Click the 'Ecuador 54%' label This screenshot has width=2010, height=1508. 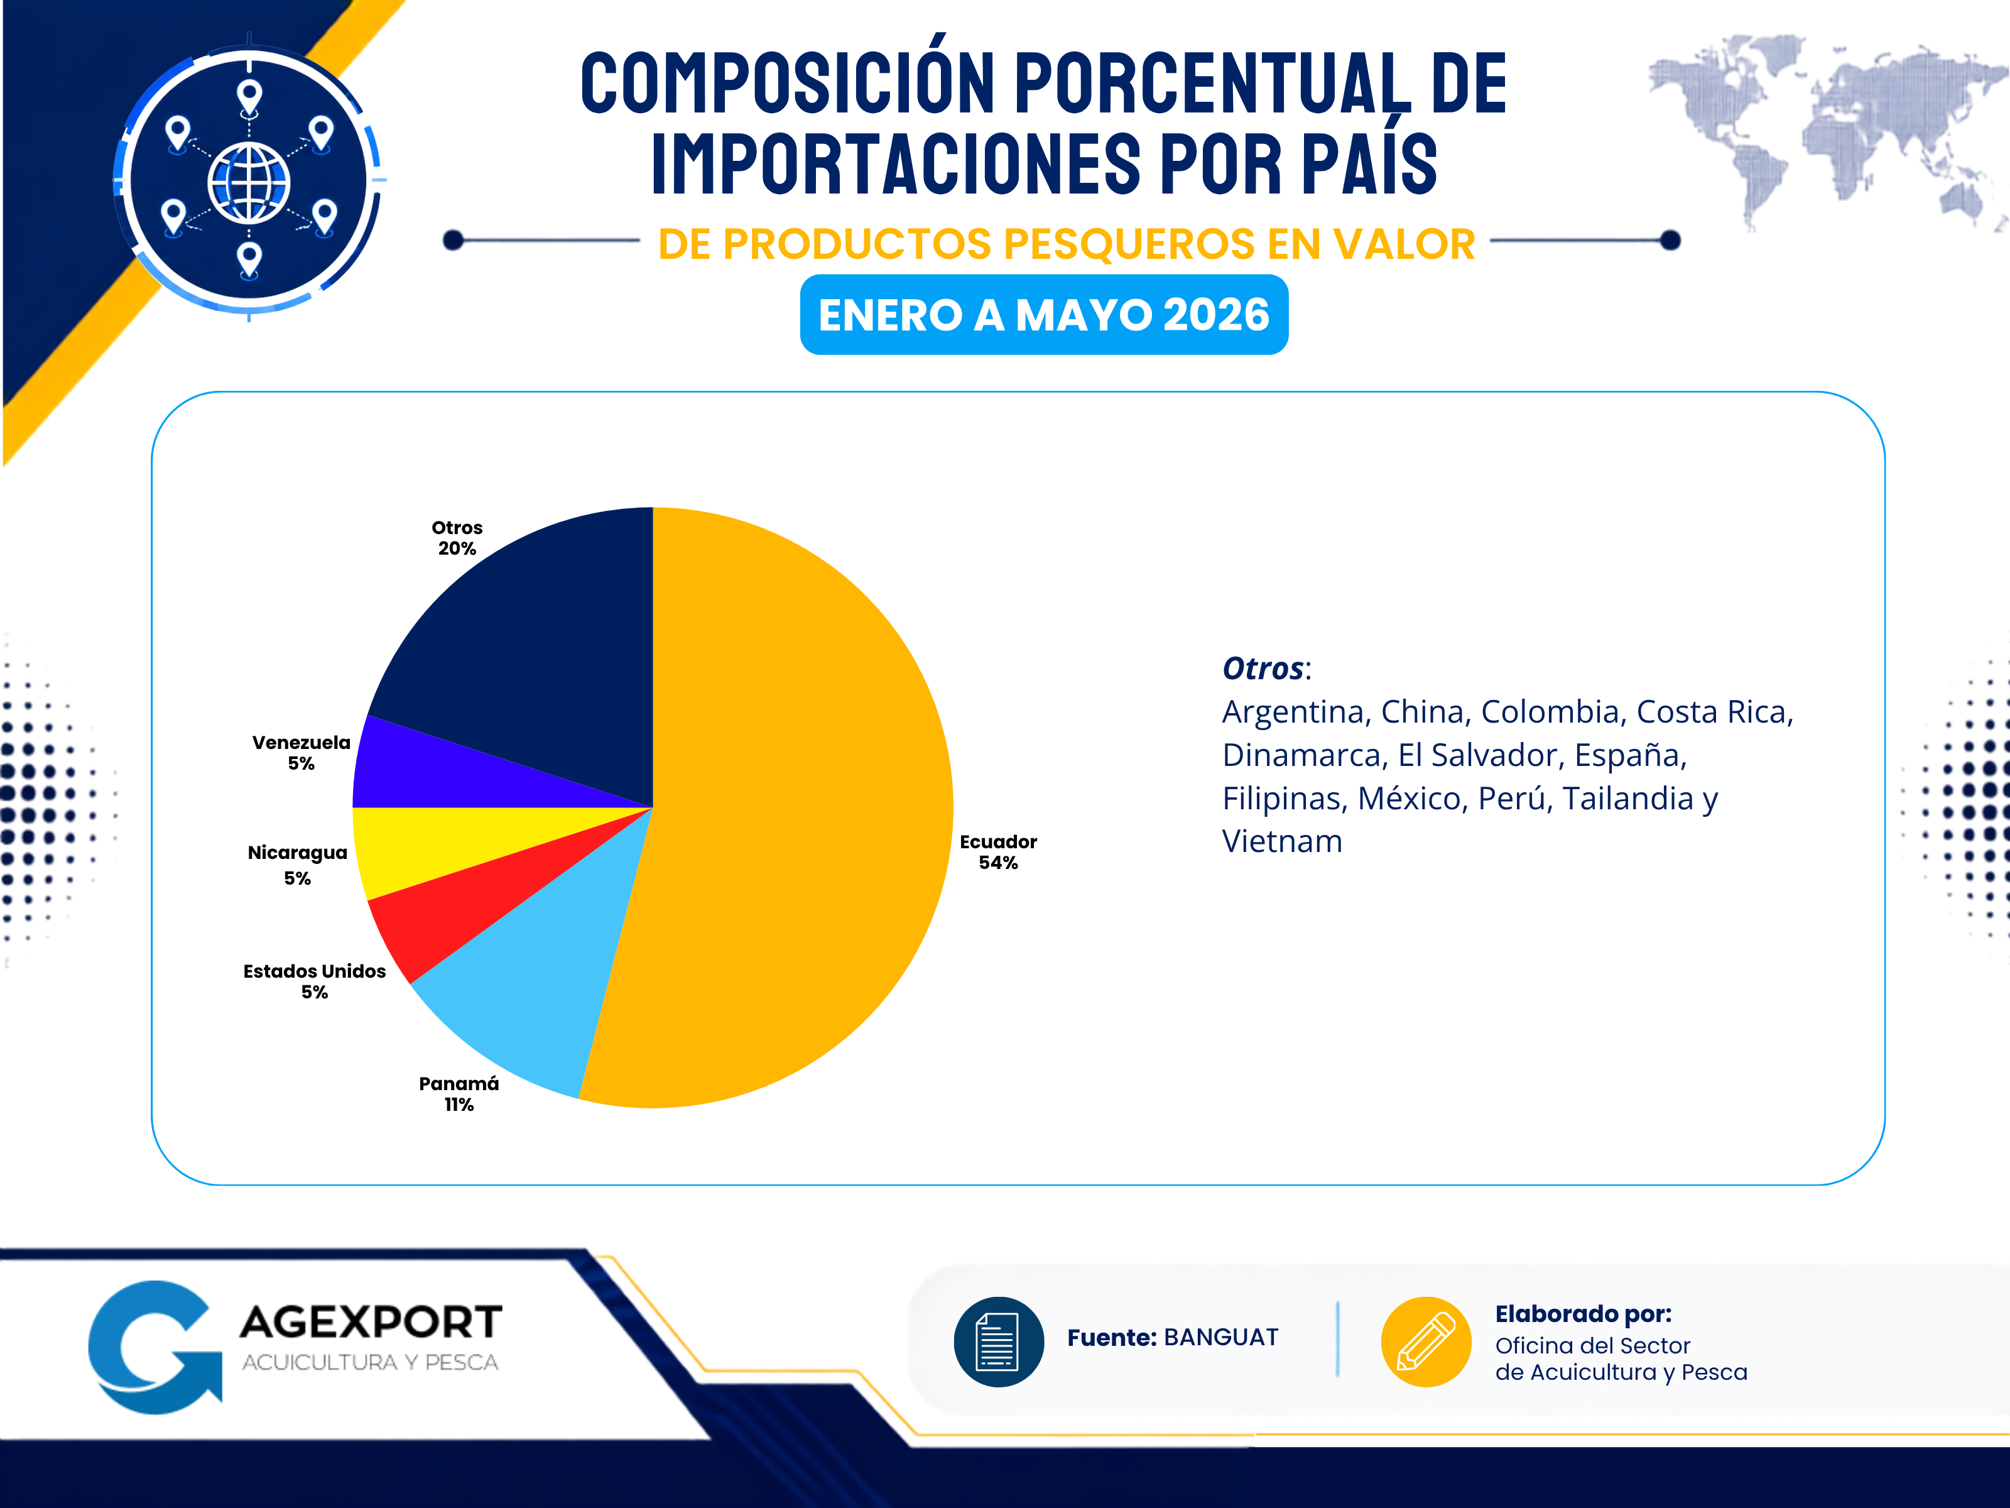[x=997, y=852]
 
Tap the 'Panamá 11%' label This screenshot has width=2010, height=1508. [x=459, y=1093]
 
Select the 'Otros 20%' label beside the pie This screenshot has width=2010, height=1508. [x=457, y=537]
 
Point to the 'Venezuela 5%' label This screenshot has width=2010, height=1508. [x=301, y=753]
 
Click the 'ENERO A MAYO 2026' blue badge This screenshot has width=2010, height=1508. [x=1044, y=315]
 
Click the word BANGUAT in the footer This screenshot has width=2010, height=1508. [x=1220, y=1337]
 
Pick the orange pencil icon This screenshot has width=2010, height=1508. [x=1426, y=1341]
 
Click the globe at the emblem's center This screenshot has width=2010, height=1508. [x=249, y=183]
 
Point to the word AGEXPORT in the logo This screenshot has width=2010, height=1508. [x=371, y=1321]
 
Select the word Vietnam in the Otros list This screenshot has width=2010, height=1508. [x=1281, y=842]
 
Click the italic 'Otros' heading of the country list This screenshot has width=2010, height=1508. [x=1262, y=668]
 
